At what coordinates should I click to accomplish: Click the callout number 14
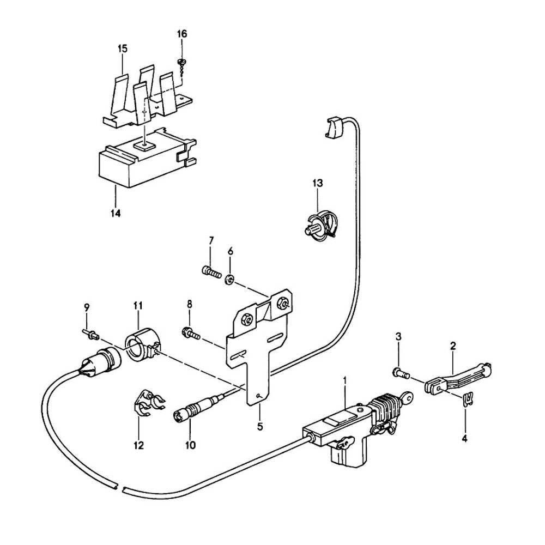point(114,213)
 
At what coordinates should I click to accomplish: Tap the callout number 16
point(181,34)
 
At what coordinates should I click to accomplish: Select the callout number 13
point(318,183)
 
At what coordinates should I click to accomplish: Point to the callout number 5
point(260,426)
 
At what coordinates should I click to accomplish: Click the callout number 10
point(190,445)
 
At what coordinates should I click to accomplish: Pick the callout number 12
point(138,445)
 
